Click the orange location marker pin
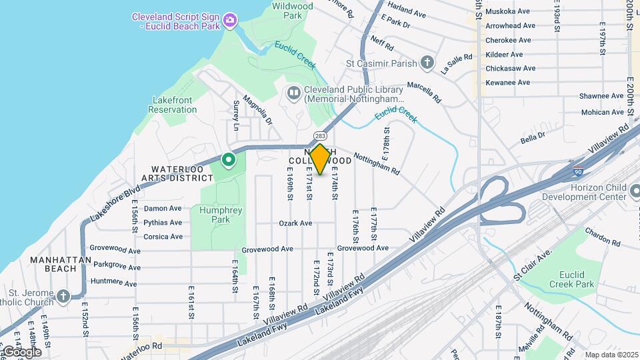[x=320, y=159]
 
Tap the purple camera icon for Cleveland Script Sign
[x=229, y=21]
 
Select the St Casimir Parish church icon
[x=427, y=63]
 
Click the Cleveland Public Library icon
[x=293, y=93]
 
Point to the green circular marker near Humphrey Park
[x=228, y=160]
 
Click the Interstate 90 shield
[x=578, y=171]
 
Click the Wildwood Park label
[x=293, y=10]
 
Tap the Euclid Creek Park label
[x=575, y=279]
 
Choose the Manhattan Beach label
[x=57, y=263]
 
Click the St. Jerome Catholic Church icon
[x=63, y=296]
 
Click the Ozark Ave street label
[x=296, y=223]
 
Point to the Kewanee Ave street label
[x=508, y=83]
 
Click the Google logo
[x=21, y=352]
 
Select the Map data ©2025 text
[x=611, y=355]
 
